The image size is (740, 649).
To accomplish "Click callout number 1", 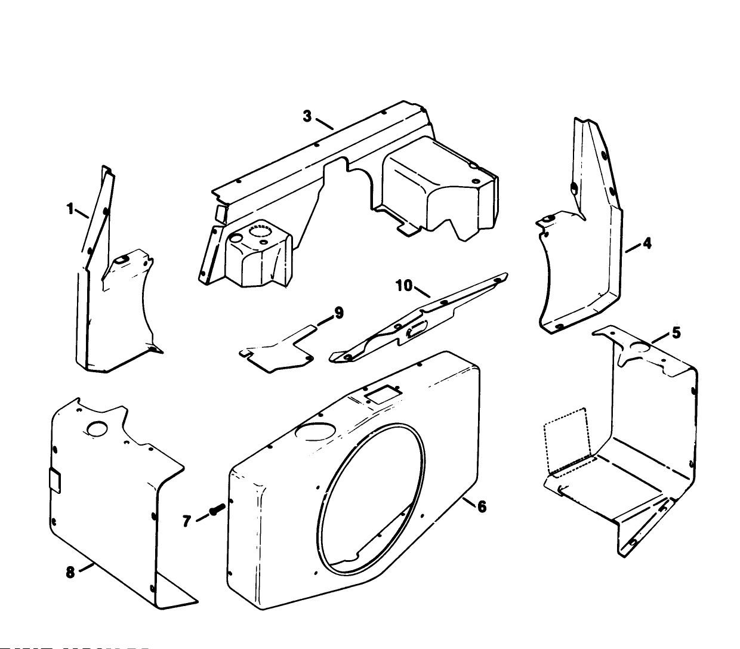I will click(x=70, y=209).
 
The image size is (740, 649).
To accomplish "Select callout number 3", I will click(x=307, y=116).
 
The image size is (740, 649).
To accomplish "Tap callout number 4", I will click(x=647, y=243).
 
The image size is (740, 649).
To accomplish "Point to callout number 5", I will click(x=676, y=333).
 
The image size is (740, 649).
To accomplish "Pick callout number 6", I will click(x=482, y=506).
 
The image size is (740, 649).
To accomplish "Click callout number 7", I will click(x=187, y=521).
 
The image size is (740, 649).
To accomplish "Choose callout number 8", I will click(x=70, y=572).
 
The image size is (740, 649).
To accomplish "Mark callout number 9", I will click(x=338, y=313).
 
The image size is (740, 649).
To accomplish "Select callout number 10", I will click(x=404, y=286).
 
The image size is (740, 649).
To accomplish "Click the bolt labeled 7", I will click(x=215, y=509).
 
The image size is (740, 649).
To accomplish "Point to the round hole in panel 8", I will click(x=96, y=428).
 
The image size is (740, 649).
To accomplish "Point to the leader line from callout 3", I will click(x=324, y=124).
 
